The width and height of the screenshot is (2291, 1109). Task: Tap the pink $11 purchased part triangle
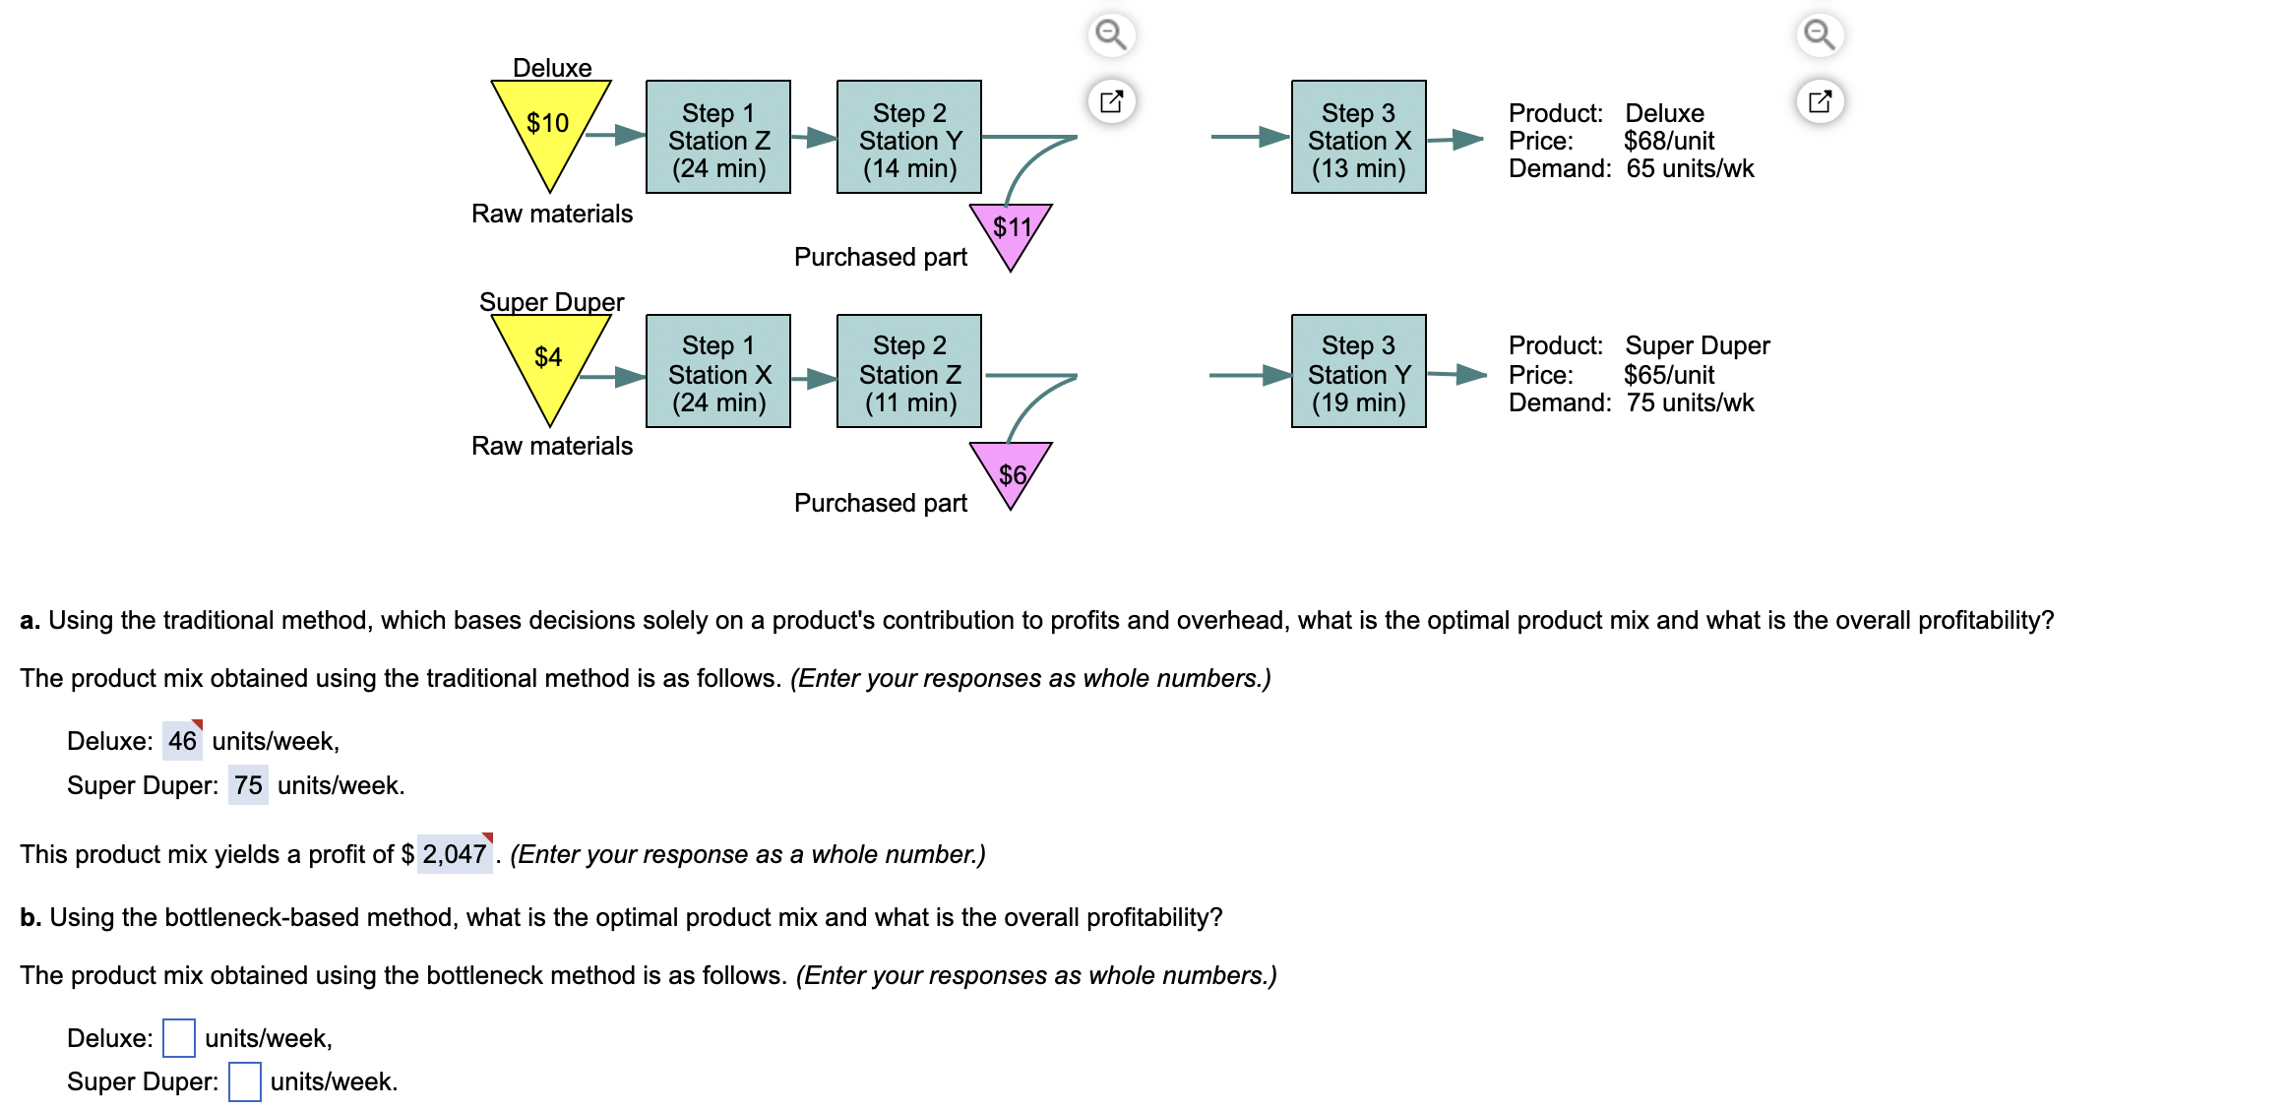coord(1011,230)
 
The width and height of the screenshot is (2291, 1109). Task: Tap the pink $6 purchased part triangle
coord(1011,470)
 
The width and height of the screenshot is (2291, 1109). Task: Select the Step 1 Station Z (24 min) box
coord(718,138)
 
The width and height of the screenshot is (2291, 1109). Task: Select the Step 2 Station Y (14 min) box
coord(909,138)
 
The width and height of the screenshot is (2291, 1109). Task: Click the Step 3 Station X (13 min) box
coord(1358,138)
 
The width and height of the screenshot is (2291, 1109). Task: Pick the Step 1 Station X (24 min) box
coord(718,372)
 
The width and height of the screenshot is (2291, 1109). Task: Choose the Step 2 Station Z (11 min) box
coord(909,372)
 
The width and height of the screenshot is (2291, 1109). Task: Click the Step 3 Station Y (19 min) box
coord(1358,372)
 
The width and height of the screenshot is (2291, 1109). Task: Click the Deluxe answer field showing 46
coord(182,741)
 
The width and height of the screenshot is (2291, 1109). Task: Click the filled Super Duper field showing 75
coord(248,785)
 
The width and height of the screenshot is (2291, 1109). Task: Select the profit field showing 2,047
coord(454,854)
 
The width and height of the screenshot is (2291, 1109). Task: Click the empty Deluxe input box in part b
coord(179,1038)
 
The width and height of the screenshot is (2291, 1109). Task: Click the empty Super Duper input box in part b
coord(245,1081)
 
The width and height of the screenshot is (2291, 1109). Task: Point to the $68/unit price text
coord(1668,141)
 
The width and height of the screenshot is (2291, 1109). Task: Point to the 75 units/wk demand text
coord(1690,402)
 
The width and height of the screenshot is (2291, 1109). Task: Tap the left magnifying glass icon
coord(1111,35)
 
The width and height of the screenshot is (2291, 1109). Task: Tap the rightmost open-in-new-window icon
coord(1820,101)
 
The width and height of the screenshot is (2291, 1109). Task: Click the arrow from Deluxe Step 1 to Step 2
coord(814,138)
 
